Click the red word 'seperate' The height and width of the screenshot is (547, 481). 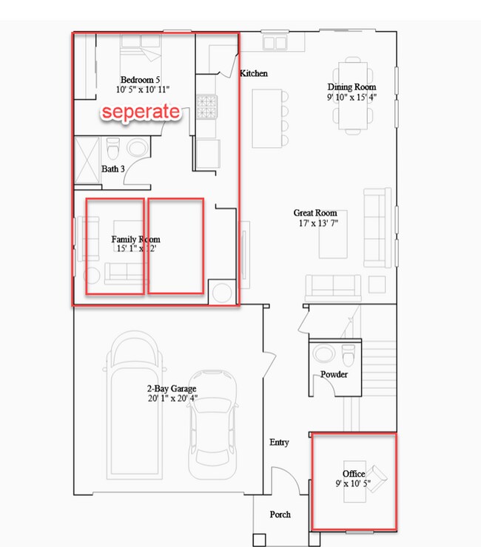(141, 112)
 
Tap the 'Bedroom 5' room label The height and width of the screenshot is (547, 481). (140, 79)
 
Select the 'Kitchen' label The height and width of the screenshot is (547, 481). (254, 74)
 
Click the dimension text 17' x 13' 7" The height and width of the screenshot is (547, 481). (316, 223)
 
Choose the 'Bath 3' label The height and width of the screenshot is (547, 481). (112, 169)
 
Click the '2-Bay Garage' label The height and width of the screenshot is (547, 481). (172, 389)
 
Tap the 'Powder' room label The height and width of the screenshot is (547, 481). (334, 375)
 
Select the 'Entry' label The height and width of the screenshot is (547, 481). (279, 442)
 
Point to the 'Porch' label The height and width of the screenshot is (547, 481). (280, 514)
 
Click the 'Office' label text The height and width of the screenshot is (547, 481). (354, 474)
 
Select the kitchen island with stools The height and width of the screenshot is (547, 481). (266, 118)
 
